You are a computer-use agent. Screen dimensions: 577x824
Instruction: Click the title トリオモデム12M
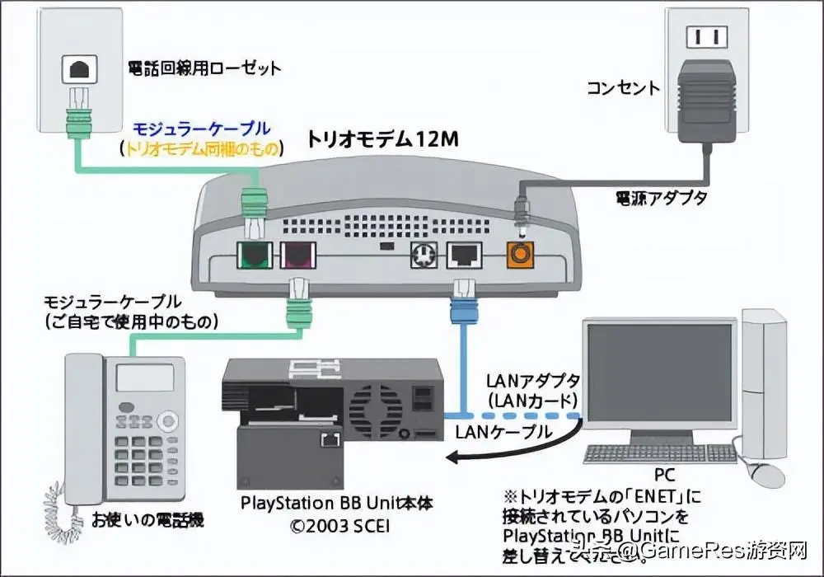[382, 139]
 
